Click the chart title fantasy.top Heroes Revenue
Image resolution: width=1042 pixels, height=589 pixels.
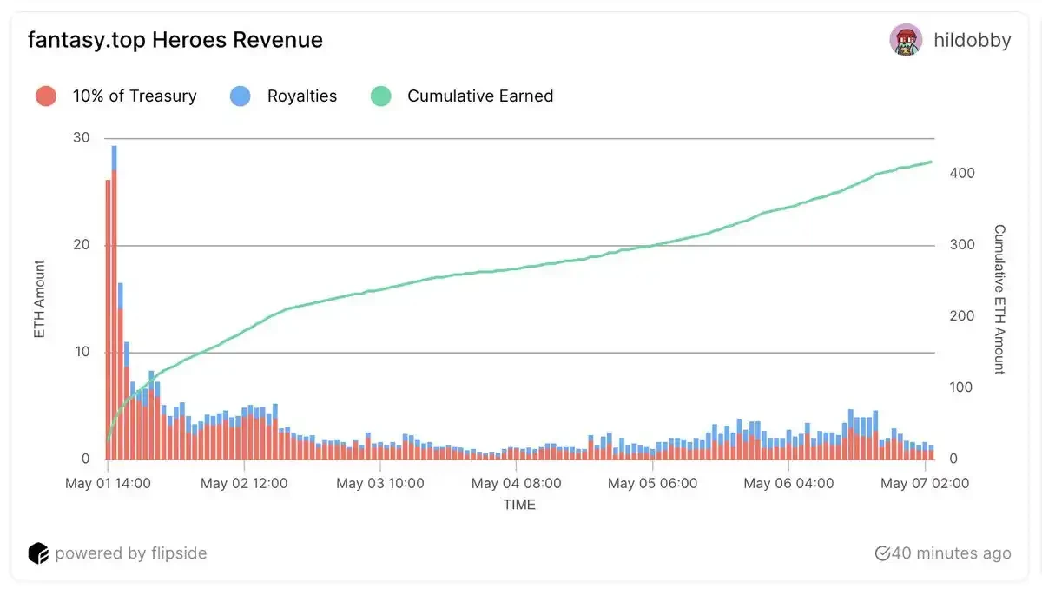175,40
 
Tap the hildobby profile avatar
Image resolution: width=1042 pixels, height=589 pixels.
906,40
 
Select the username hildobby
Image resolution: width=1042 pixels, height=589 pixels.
972,40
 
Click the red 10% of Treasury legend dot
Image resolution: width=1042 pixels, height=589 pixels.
46,96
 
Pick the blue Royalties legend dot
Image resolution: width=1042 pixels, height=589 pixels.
241,96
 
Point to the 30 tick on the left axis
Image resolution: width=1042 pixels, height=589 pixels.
82,138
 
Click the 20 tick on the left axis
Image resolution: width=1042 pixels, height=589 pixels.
82,245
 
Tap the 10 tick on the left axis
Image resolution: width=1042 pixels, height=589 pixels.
82,352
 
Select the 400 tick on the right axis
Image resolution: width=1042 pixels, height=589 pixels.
962,174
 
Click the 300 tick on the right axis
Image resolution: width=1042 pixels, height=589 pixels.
962,245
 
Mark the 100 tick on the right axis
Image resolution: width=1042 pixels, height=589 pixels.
962,387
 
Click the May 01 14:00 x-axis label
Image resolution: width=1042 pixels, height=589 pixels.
109,483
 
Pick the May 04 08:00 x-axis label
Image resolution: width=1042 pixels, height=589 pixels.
518,483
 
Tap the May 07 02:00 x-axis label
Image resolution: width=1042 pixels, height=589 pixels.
926,483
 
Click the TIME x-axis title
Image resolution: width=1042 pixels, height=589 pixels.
519,505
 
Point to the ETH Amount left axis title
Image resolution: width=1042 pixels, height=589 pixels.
39,299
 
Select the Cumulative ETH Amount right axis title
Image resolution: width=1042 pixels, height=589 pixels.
999,299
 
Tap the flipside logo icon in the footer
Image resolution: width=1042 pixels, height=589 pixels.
38,553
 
